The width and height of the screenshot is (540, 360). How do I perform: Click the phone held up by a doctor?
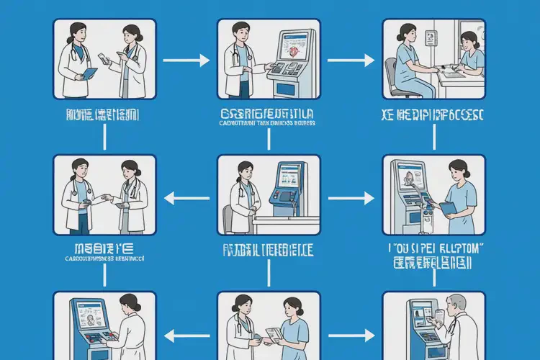(107, 58)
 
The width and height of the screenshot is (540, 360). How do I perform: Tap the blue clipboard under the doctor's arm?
(89, 73)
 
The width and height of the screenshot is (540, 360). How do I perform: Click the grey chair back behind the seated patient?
(390, 75)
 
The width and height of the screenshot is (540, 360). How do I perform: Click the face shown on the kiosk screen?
(408, 177)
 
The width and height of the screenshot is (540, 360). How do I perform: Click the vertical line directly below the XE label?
(434, 137)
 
